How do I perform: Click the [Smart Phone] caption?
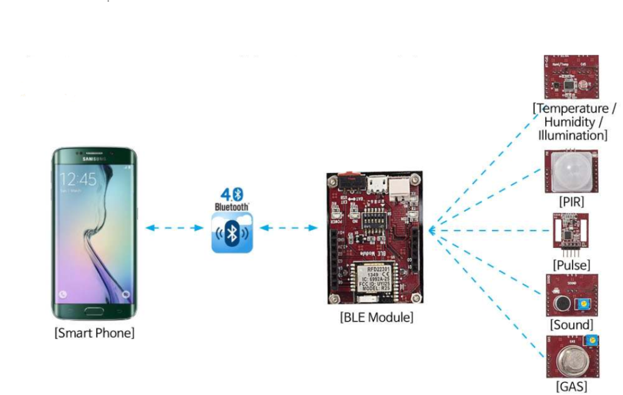(94, 333)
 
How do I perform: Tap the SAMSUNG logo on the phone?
(94, 159)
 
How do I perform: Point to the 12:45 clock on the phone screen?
(78, 179)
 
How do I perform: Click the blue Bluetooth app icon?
(231, 235)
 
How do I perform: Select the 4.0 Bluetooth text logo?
(231, 199)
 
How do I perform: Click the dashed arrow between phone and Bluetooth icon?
(174, 228)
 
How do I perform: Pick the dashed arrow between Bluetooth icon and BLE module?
(288, 228)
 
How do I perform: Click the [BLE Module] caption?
(376, 317)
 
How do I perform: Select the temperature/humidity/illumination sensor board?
(571, 77)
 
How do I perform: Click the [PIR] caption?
(571, 201)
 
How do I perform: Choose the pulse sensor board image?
(571, 232)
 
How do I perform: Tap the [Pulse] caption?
(571, 265)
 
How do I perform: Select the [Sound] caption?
(571, 325)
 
